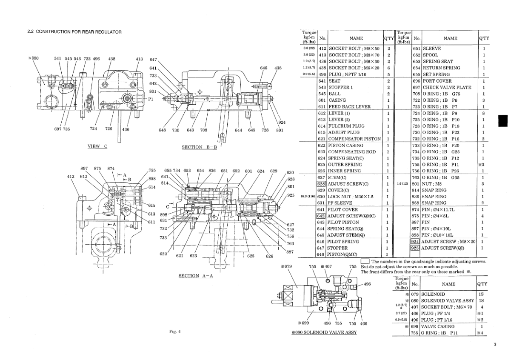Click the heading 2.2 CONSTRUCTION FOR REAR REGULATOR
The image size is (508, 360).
pyautogui.click(x=74, y=32)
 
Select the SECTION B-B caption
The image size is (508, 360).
pyautogui.click(x=199, y=147)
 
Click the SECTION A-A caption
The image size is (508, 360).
pyautogui.click(x=195, y=276)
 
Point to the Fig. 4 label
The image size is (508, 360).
pyautogui.click(x=174, y=332)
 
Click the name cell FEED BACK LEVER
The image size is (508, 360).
pyautogui.click(x=349, y=107)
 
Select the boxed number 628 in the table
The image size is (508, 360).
pyautogui.click(x=321, y=184)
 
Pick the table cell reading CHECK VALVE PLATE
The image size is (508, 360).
pyautogui.click(x=447, y=87)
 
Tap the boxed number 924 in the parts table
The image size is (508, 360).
pyautogui.click(x=415, y=241)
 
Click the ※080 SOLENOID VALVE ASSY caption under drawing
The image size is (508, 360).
pyautogui.click(x=324, y=332)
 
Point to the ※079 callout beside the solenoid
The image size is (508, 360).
pyautogui.click(x=286, y=267)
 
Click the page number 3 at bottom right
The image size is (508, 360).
pyautogui.click(x=495, y=345)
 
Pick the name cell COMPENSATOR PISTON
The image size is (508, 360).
pyautogui.click(x=354, y=139)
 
